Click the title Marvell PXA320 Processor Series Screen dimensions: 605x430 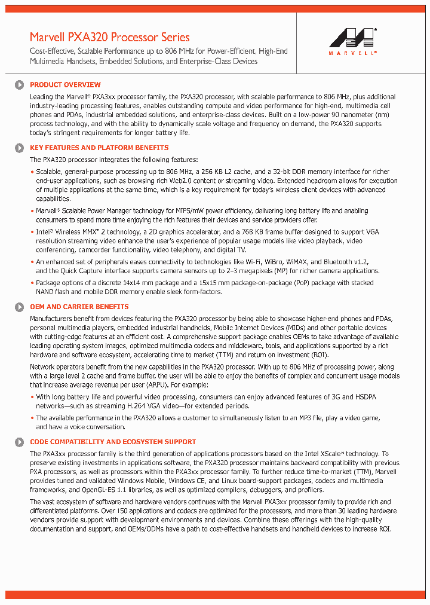click(109, 37)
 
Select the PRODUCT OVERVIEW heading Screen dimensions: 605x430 click(65, 85)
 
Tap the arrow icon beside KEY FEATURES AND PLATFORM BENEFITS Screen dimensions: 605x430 click(20, 148)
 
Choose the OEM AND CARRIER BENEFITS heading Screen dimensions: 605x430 click(79, 307)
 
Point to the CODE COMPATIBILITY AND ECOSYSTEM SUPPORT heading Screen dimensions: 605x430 click(113, 442)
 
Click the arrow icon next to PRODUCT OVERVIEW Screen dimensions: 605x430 click(20, 85)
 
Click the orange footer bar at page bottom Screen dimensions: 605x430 click(214, 594)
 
